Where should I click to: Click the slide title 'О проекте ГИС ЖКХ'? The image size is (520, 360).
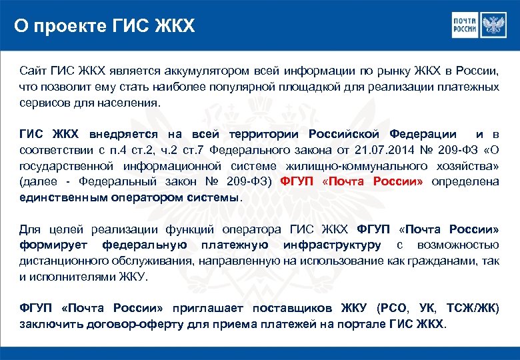[105, 26]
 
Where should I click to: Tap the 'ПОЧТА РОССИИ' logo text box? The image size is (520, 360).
[466, 25]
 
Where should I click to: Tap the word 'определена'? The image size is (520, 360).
[465, 181]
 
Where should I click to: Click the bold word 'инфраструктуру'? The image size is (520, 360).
[332, 245]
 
